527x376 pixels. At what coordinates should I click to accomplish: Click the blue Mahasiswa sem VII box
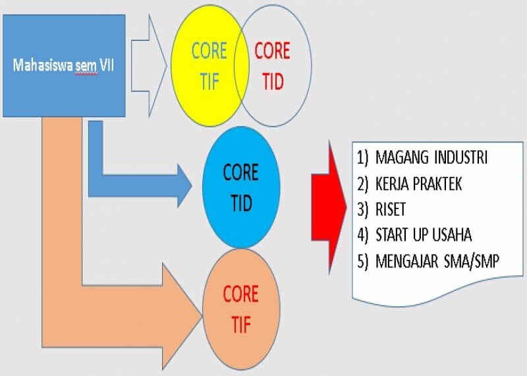pos(64,66)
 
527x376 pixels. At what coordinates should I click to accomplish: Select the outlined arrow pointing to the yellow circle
pos(149,66)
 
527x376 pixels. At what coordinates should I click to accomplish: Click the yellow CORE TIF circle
pos(209,66)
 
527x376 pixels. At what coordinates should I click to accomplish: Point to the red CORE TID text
pos(272,66)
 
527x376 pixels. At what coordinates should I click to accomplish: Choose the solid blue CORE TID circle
pos(241,187)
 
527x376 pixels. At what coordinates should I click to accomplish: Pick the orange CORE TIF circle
pos(241,309)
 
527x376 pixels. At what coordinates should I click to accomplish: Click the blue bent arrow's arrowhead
pos(184,186)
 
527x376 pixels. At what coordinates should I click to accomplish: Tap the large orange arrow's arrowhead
pos(182,316)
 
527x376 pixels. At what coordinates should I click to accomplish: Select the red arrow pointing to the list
pos(329,207)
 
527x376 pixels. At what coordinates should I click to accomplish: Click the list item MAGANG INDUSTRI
pos(431,158)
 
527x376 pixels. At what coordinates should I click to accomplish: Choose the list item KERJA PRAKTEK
pos(418,184)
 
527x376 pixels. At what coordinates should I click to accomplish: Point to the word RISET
pos(391,209)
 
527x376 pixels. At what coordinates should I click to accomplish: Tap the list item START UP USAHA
pos(424,235)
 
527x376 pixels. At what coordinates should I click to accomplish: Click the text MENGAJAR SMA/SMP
pos(437,261)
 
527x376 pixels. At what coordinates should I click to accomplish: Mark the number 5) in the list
pos(363,261)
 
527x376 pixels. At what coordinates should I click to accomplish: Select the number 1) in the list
pos(363,158)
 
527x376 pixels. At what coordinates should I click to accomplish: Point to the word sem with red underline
pos(86,66)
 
